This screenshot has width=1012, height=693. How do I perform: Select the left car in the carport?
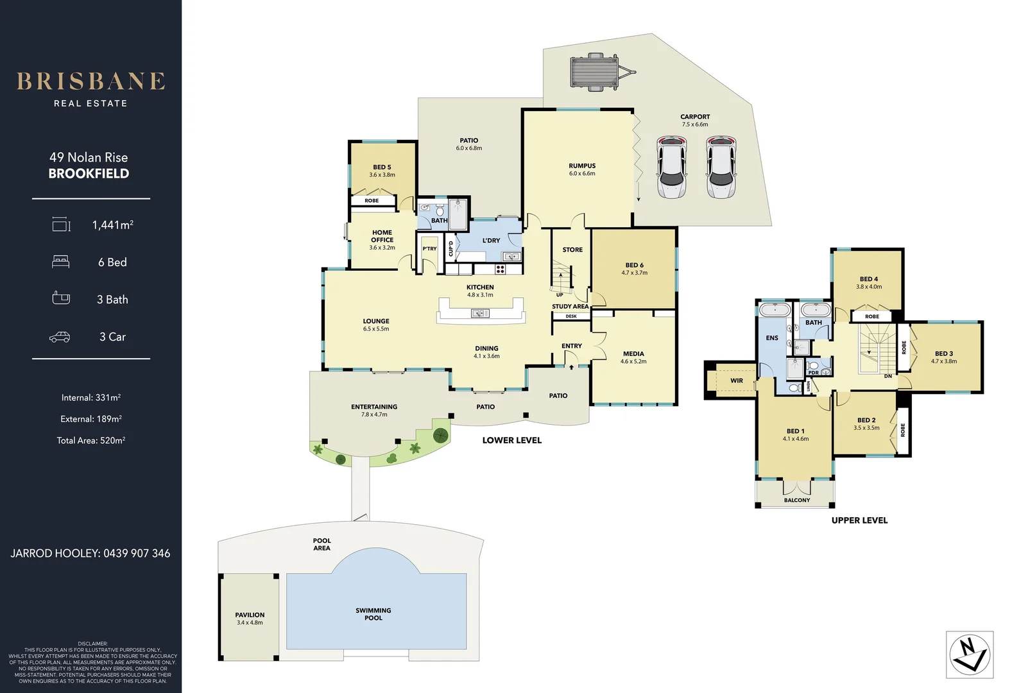tap(672, 167)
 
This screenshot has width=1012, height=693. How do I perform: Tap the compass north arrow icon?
tap(970, 655)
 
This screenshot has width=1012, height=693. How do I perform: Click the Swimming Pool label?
tap(373, 614)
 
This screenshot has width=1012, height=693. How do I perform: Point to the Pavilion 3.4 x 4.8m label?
tap(250, 619)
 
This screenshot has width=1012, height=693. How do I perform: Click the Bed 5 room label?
tap(382, 171)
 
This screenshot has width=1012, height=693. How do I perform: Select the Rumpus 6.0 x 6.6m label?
tap(582, 169)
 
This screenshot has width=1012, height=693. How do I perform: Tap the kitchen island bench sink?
tap(480, 313)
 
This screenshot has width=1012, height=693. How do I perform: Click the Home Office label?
tap(382, 237)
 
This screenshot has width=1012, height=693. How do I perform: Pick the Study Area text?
tap(570, 307)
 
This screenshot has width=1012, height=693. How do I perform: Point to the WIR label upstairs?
tap(737, 381)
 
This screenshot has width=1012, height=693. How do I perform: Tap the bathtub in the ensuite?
tap(775, 311)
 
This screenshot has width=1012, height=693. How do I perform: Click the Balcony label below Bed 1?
tap(797, 500)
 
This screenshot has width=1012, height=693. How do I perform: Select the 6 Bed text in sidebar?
tap(112, 262)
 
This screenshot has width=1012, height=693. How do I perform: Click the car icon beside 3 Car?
tap(60, 337)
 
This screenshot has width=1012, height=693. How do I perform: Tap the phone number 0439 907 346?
tap(137, 553)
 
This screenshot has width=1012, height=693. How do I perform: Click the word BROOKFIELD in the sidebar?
tap(89, 174)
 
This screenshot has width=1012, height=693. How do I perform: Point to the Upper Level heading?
tap(859, 520)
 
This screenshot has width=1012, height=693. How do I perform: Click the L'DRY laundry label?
tap(491, 241)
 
